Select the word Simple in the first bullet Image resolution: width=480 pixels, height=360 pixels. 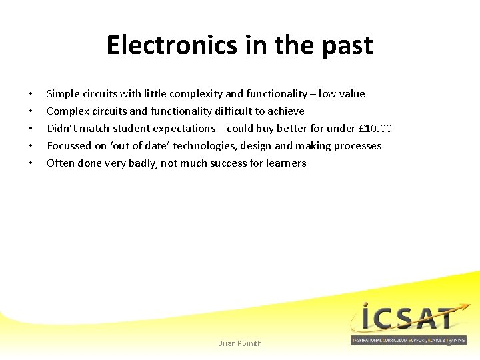[62, 94]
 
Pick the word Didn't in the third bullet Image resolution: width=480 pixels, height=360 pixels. [61, 129]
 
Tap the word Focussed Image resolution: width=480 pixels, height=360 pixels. [69, 146]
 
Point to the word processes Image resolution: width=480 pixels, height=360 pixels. [358, 146]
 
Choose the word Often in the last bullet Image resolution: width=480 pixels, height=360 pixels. [61, 163]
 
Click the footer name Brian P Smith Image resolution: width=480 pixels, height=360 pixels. [240, 343]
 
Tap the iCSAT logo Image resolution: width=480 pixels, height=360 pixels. [409, 318]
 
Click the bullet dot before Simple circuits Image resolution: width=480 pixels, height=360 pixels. [31, 94]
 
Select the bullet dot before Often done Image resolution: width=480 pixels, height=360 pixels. [31, 163]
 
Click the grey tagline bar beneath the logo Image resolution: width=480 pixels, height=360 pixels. [409, 340]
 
